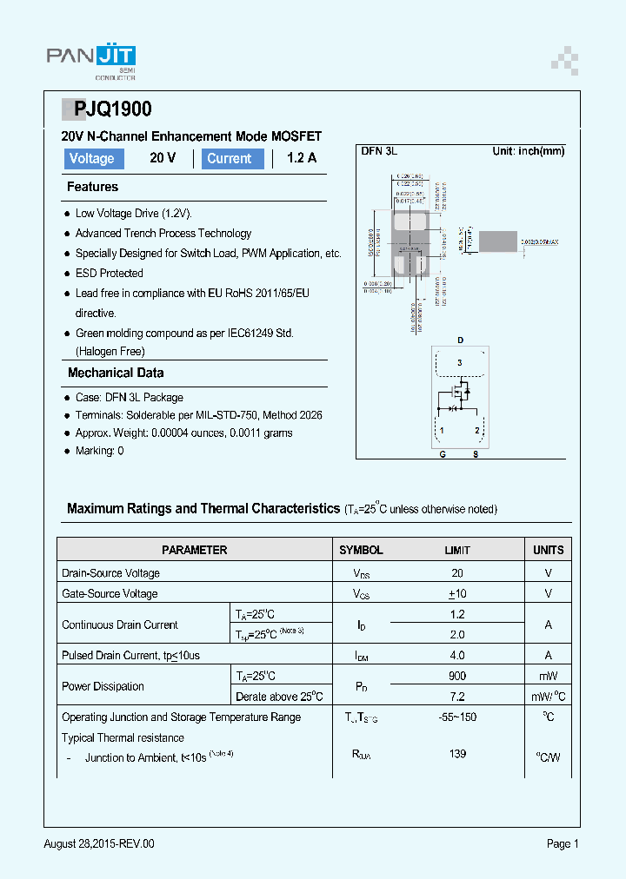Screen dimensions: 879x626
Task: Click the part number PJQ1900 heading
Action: (x=112, y=109)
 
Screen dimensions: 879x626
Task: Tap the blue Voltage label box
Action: (x=92, y=158)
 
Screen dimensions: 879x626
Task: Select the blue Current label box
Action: (x=231, y=158)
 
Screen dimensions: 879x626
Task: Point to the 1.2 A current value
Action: (x=301, y=158)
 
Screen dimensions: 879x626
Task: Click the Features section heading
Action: (x=92, y=187)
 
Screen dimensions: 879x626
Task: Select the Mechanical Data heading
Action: (x=116, y=373)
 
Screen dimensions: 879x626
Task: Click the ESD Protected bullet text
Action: (x=109, y=273)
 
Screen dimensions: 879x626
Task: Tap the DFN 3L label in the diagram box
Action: (x=379, y=151)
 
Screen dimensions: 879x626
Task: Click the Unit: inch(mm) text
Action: (x=528, y=151)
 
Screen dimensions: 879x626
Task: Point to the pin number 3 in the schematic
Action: (x=460, y=362)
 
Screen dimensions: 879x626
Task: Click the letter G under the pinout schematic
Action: (x=442, y=453)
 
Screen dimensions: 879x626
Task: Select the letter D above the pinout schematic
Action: (x=460, y=340)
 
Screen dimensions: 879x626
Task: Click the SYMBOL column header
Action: (x=361, y=550)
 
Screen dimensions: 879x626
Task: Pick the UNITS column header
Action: (x=548, y=550)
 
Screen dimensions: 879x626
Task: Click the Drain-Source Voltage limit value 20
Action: (x=457, y=573)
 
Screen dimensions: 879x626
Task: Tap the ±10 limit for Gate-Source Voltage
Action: (x=457, y=594)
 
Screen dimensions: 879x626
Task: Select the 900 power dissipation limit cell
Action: (x=457, y=676)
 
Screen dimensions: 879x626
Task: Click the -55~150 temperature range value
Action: (x=457, y=717)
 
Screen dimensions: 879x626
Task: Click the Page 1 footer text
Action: (x=562, y=843)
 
